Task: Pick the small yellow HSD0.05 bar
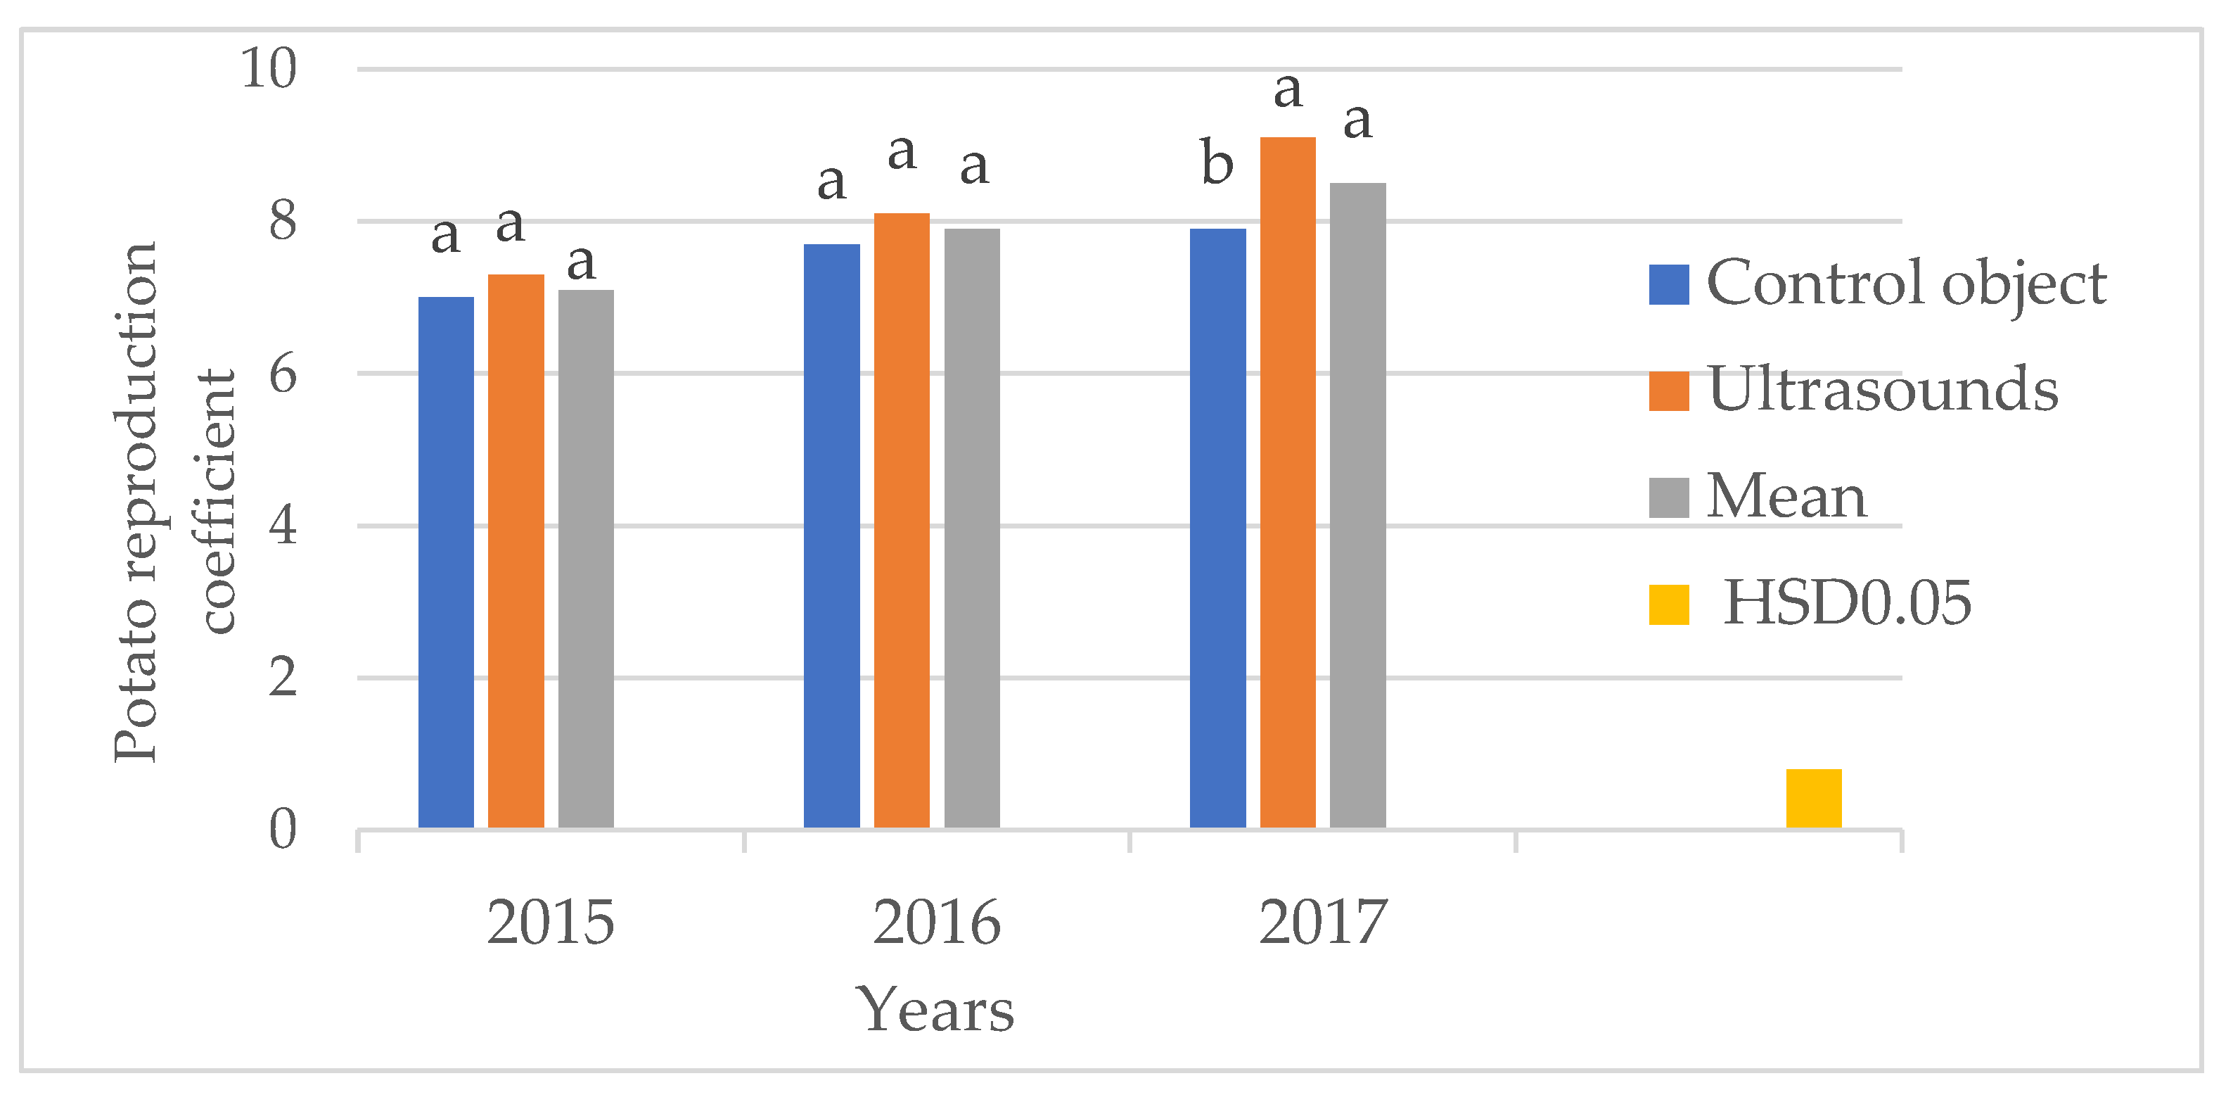click(x=1813, y=798)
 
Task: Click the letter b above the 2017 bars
click(x=1217, y=163)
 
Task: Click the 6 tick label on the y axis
click(x=283, y=374)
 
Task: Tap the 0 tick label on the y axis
click(x=283, y=830)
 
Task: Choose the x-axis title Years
click(x=935, y=1010)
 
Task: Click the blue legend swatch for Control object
click(x=1669, y=284)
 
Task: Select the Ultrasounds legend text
click(x=1882, y=388)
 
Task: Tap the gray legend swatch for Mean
click(x=1669, y=498)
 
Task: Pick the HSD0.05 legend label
click(x=1846, y=602)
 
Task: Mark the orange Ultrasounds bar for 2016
click(x=902, y=520)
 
